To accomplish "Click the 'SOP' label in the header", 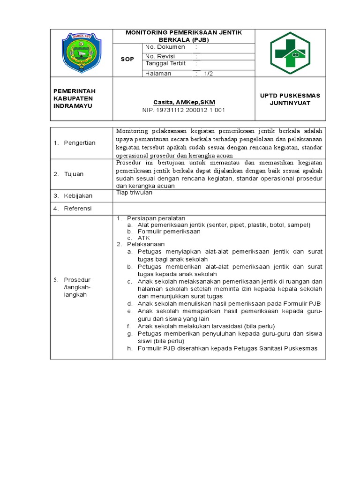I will click(x=127, y=60).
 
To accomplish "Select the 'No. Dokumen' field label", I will click(x=165, y=47).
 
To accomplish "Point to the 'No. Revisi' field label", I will click(x=160, y=56).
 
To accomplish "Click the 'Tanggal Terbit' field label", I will click(x=165, y=64).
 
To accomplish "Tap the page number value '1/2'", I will click(x=208, y=74).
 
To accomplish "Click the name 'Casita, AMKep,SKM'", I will click(x=183, y=102).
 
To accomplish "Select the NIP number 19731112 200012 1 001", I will click(x=183, y=110).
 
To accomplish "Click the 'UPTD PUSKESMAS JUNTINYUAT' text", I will click(x=290, y=99).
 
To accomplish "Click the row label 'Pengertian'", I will click(x=80, y=143).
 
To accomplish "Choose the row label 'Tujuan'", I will click(x=74, y=174).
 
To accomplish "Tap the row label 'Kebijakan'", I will click(x=78, y=196).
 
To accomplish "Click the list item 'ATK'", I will click(x=143, y=238).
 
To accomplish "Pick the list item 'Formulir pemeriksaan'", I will click(x=169, y=232).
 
